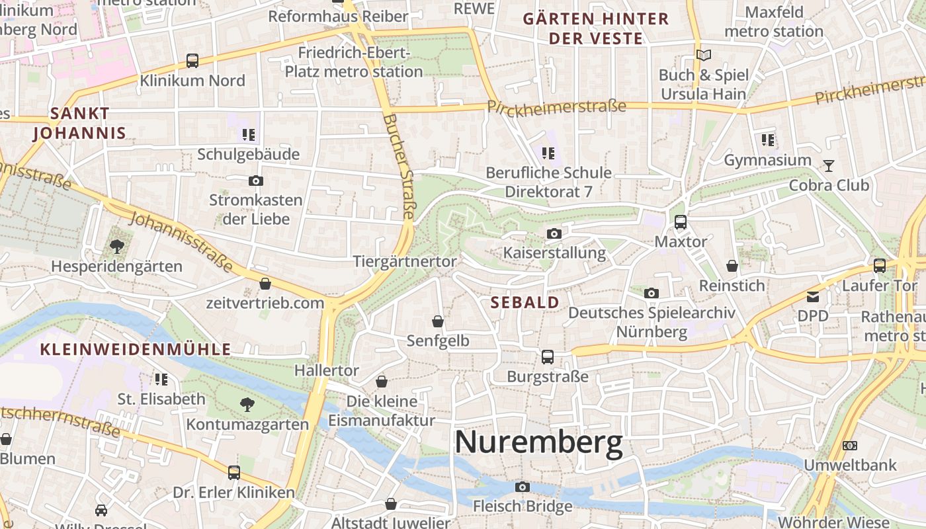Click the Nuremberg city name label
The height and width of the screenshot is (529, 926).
pos(539,442)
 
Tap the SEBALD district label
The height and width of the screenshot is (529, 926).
pos(525,303)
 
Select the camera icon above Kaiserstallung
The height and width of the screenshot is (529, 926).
pos(554,233)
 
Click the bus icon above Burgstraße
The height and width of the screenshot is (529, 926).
pos(548,357)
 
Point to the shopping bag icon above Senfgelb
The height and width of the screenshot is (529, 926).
pos(438,321)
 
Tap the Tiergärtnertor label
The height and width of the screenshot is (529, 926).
pos(405,261)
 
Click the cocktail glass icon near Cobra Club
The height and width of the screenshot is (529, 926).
pos(828,165)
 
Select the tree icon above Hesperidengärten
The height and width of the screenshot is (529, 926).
pos(117,247)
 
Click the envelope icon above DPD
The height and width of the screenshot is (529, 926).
pos(812,297)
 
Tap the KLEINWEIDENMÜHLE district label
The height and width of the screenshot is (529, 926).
pos(136,349)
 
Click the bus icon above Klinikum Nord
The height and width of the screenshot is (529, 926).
pos(192,61)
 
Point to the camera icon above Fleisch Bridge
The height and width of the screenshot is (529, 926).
pos(523,487)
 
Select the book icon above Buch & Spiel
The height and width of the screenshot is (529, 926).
pos(704,55)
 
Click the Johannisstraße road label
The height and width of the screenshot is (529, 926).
pos(181,242)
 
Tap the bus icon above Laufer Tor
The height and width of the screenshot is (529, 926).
pos(879,266)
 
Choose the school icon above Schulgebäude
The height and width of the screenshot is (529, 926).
pos(249,135)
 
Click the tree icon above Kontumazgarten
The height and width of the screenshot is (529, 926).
pos(247,404)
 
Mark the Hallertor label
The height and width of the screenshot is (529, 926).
pos(327,370)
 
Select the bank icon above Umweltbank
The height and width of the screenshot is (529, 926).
pos(850,446)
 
